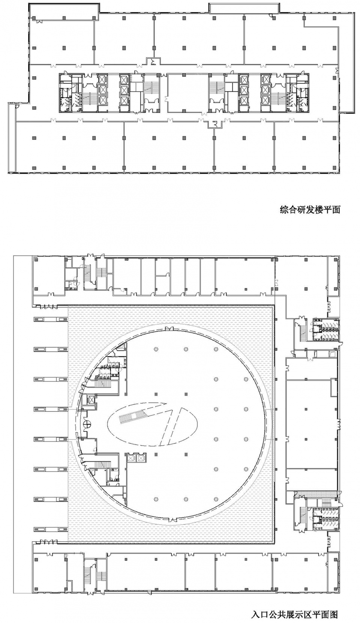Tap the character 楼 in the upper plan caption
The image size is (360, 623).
pyautogui.click(x=318, y=210)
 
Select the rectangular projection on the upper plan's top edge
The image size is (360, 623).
pyautogui.click(x=244, y=8)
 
